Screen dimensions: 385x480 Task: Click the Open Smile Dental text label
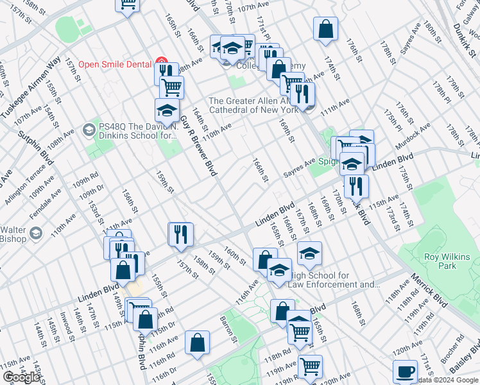pos(115,64)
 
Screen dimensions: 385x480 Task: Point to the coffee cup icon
pos(405,372)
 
